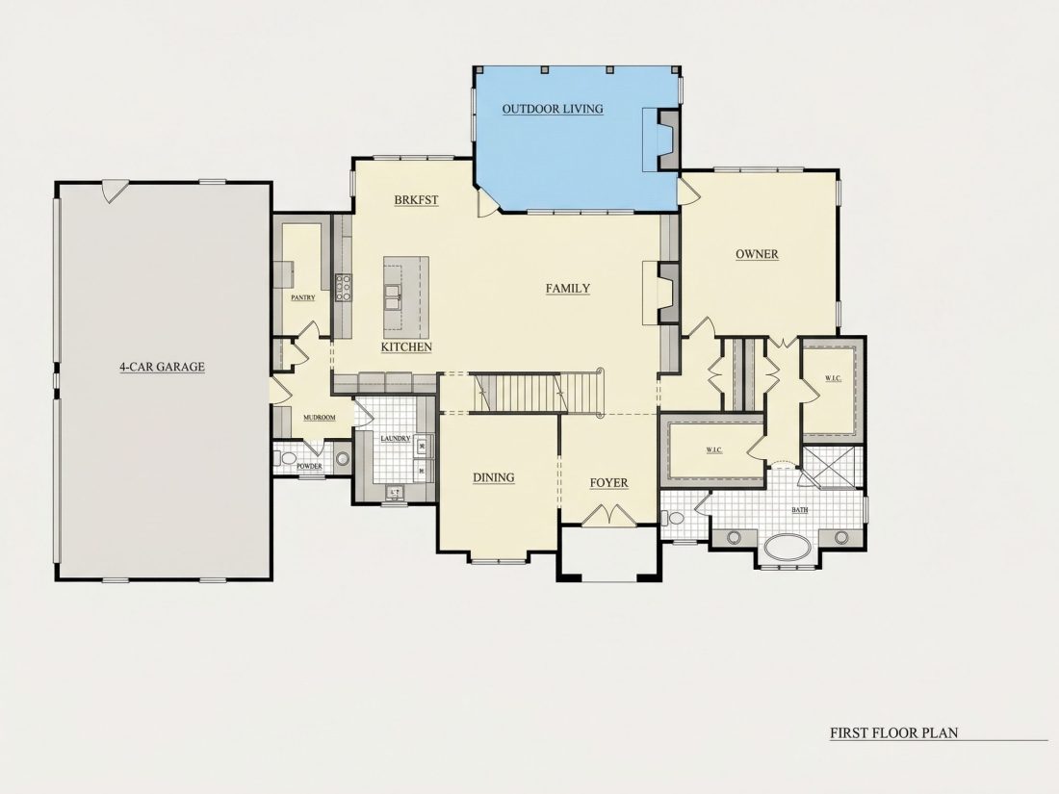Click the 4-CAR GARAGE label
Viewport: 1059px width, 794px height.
click(x=162, y=367)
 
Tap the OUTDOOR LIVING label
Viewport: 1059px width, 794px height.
click(x=553, y=109)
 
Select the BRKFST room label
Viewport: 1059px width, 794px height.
click(x=416, y=200)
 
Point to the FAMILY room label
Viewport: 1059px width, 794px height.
click(x=568, y=289)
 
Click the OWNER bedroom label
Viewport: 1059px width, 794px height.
click(x=757, y=254)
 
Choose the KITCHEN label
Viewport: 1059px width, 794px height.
click(x=406, y=347)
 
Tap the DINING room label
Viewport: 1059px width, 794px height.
click(x=494, y=477)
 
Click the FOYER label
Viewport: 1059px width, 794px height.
click(x=609, y=483)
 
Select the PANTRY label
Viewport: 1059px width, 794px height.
click(x=302, y=297)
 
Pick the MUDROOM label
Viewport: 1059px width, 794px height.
click(x=320, y=418)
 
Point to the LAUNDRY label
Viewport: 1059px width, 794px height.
click(x=395, y=439)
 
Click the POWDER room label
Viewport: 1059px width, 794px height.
click(x=309, y=467)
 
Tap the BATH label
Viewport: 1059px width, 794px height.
click(x=800, y=510)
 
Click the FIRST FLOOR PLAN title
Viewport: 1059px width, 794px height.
click(x=893, y=732)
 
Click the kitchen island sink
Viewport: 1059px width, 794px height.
click(x=393, y=297)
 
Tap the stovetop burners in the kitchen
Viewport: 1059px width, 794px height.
click(x=343, y=287)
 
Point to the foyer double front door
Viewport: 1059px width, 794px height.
click(x=609, y=515)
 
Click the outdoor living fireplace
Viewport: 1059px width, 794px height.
click(x=666, y=140)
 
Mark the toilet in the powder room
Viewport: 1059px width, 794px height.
click(x=287, y=459)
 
